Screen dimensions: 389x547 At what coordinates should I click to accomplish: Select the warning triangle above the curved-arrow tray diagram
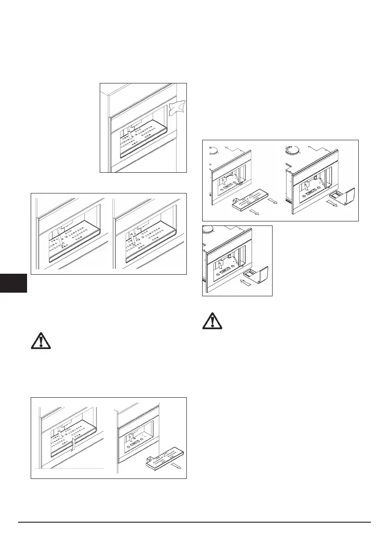click(x=41, y=341)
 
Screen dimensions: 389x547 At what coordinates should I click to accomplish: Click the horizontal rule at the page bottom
click(x=194, y=522)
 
